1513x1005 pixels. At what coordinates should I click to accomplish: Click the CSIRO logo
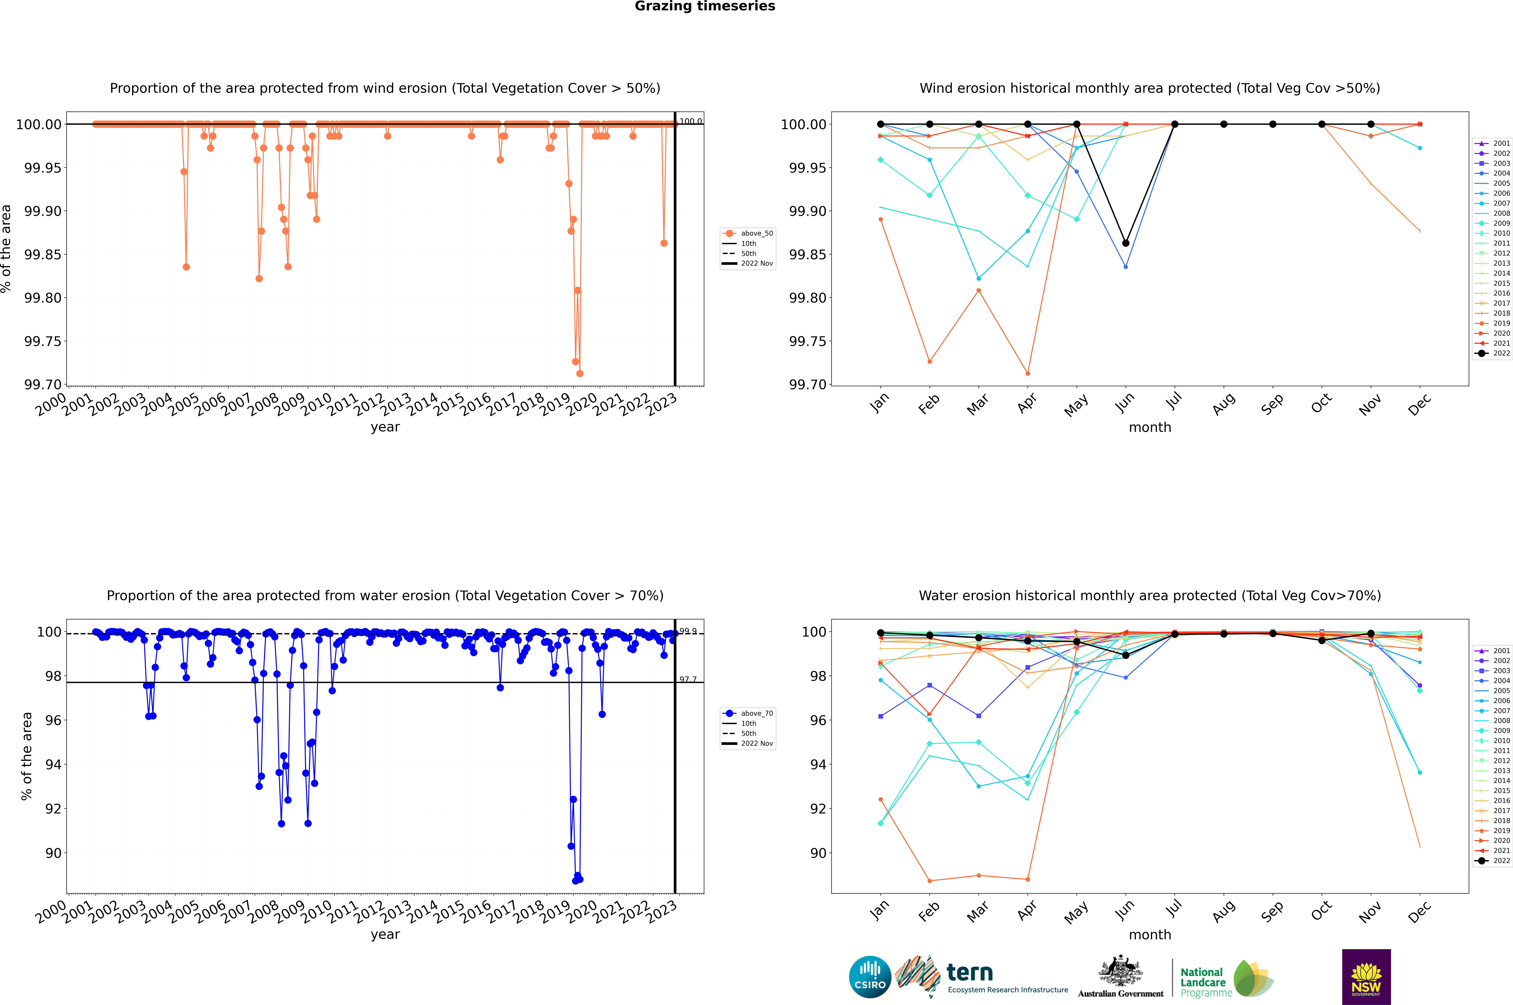(870, 977)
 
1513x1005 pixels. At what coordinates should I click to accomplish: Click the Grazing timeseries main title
(705, 6)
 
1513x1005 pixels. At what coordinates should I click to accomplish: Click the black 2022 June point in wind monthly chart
(1126, 243)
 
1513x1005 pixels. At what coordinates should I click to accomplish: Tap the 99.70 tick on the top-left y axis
(43, 385)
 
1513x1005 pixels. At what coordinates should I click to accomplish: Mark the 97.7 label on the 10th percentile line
(688, 679)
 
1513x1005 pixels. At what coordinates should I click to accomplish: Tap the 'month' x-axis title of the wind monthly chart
(1149, 428)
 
